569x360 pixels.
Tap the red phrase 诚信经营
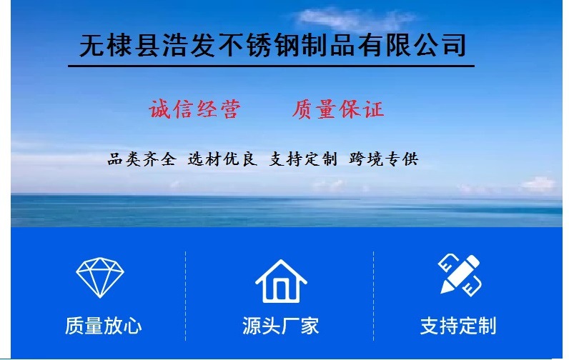[x=194, y=109]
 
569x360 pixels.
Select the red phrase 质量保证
[x=338, y=109]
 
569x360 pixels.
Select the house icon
[x=281, y=281]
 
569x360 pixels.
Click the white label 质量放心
[x=103, y=326]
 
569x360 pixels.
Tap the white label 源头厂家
[x=280, y=326]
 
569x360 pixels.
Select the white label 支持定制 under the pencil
[x=458, y=326]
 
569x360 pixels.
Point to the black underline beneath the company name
[x=272, y=66]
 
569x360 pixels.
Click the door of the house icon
[x=281, y=290]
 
